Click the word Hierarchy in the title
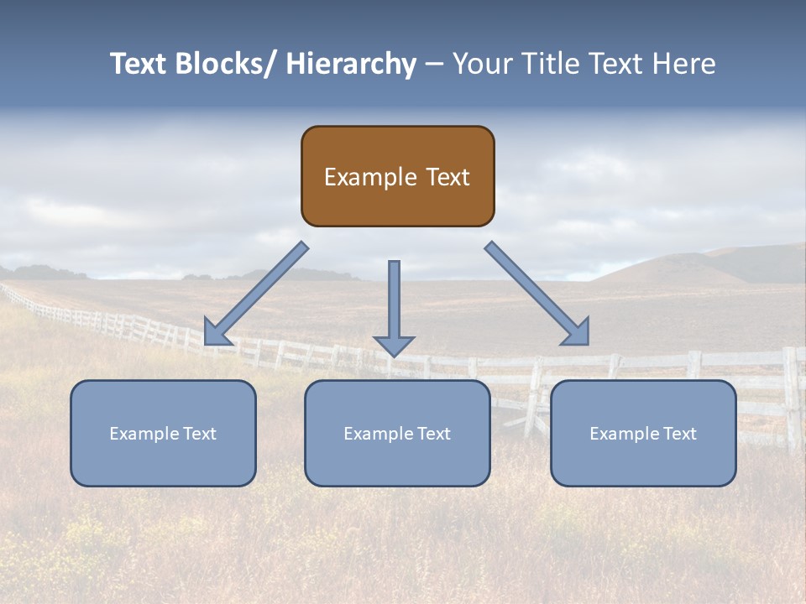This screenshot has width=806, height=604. [x=351, y=64]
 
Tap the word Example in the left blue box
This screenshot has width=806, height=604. [x=144, y=434]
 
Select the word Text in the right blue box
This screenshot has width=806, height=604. [x=678, y=434]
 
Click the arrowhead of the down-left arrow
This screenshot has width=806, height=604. [x=215, y=334]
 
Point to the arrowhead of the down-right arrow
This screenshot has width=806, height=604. [x=577, y=332]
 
